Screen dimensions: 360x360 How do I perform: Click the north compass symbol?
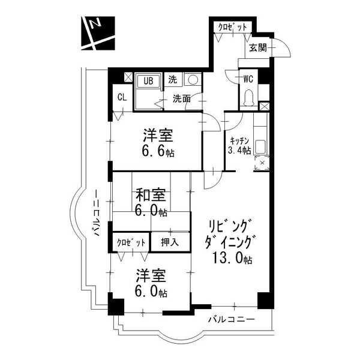tap(98, 33)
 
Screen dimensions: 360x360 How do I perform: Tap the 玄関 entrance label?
tap(258, 48)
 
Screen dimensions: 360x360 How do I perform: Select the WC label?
tap(248, 79)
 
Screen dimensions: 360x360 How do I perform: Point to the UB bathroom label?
tap(148, 81)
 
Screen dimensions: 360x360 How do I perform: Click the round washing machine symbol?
tap(193, 80)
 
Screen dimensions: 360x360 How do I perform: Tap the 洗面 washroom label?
tap(182, 99)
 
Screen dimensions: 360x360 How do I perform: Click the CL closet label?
tap(122, 97)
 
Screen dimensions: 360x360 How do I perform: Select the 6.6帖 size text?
tap(158, 152)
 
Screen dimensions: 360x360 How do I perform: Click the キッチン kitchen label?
tap(239, 140)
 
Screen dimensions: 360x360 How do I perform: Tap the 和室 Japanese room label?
tap(151, 195)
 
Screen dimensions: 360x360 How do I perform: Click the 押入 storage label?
tap(170, 242)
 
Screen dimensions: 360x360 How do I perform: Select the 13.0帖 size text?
tap(232, 258)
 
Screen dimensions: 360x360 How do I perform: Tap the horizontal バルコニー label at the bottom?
tap(231, 320)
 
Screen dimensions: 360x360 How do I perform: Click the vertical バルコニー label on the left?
tap(97, 213)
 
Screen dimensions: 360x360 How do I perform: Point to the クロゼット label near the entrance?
tap(232, 28)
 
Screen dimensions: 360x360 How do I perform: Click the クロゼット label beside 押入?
tap(131, 242)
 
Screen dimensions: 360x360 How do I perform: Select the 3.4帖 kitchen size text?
tap(239, 151)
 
